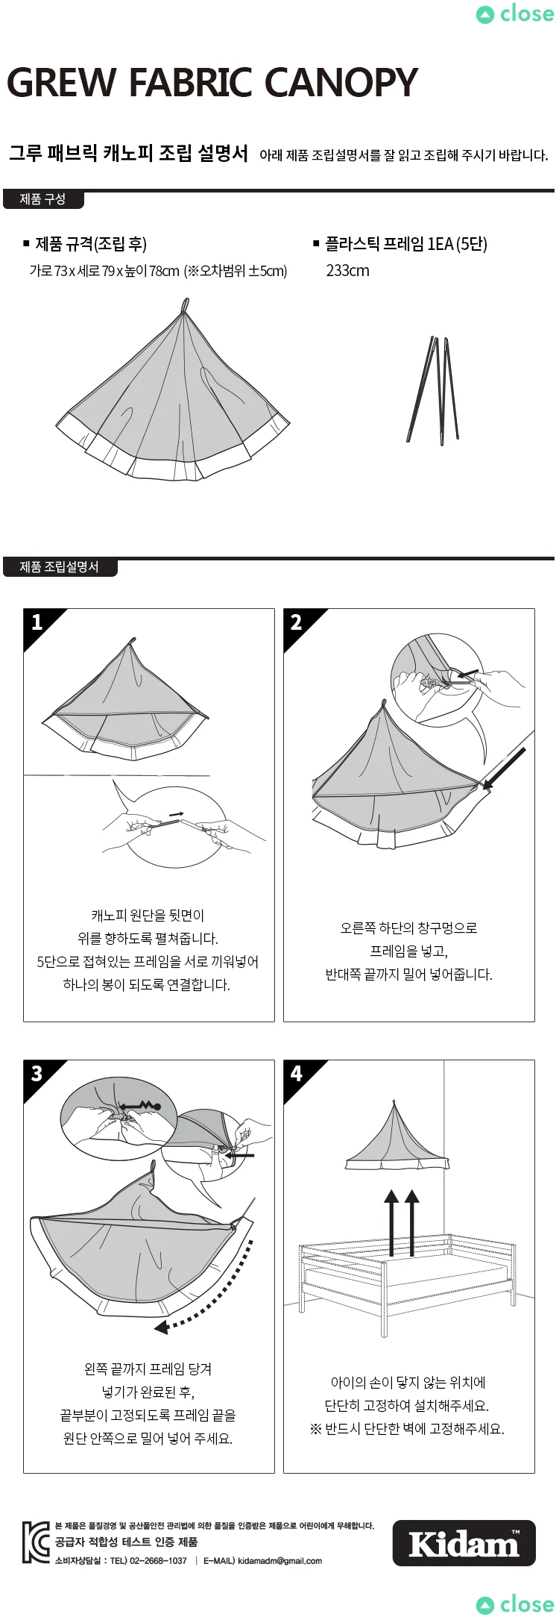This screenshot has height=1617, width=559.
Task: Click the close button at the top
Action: point(515,14)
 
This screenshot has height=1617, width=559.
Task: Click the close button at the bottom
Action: point(515,1604)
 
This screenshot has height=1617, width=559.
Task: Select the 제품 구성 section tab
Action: point(42,199)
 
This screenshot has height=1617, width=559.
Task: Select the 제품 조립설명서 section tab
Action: point(59,567)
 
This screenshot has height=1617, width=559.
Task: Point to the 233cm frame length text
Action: point(347,271)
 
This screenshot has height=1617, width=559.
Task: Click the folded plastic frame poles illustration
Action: point(432,390)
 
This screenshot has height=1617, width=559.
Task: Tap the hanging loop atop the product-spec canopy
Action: point(184,305)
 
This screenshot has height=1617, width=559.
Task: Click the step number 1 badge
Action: point(37,622)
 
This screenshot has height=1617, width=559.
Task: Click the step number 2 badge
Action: point(296,622)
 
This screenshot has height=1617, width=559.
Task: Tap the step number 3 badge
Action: point(37,1074)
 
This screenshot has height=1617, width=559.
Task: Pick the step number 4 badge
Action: point(296,1074)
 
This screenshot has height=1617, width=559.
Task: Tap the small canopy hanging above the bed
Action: point(397,1137)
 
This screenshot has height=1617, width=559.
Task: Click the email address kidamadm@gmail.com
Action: point(280,1560)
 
